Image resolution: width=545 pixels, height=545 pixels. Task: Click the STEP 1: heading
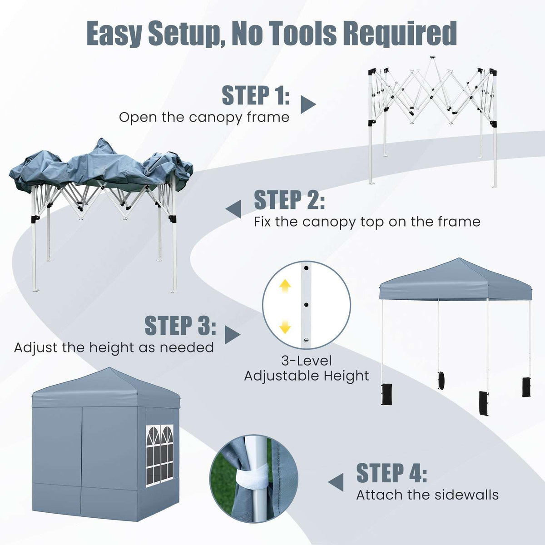click(255, 95)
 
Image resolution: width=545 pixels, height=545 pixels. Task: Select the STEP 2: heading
click(289, 200)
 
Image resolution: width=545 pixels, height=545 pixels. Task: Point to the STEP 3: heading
click(180, 326)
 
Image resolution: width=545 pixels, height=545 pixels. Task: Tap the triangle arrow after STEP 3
click(232, 335)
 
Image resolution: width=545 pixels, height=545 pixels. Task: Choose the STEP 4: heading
click(391, 473)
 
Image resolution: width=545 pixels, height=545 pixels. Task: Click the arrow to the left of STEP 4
click(337, 482)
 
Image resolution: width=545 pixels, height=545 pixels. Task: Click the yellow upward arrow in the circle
click(285, 286)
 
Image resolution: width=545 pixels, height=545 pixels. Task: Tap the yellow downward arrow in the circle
click(285, 326)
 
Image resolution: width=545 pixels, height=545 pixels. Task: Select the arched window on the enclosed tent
click(160, 454)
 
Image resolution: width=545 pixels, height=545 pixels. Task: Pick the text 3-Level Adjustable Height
click(307, 368)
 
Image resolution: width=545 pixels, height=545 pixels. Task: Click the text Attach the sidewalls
click(427, 495)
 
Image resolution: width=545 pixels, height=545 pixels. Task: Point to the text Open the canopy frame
click(204, 117)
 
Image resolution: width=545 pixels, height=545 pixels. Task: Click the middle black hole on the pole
click(306, 304)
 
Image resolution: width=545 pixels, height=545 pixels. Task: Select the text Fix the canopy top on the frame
click(367, 222)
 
